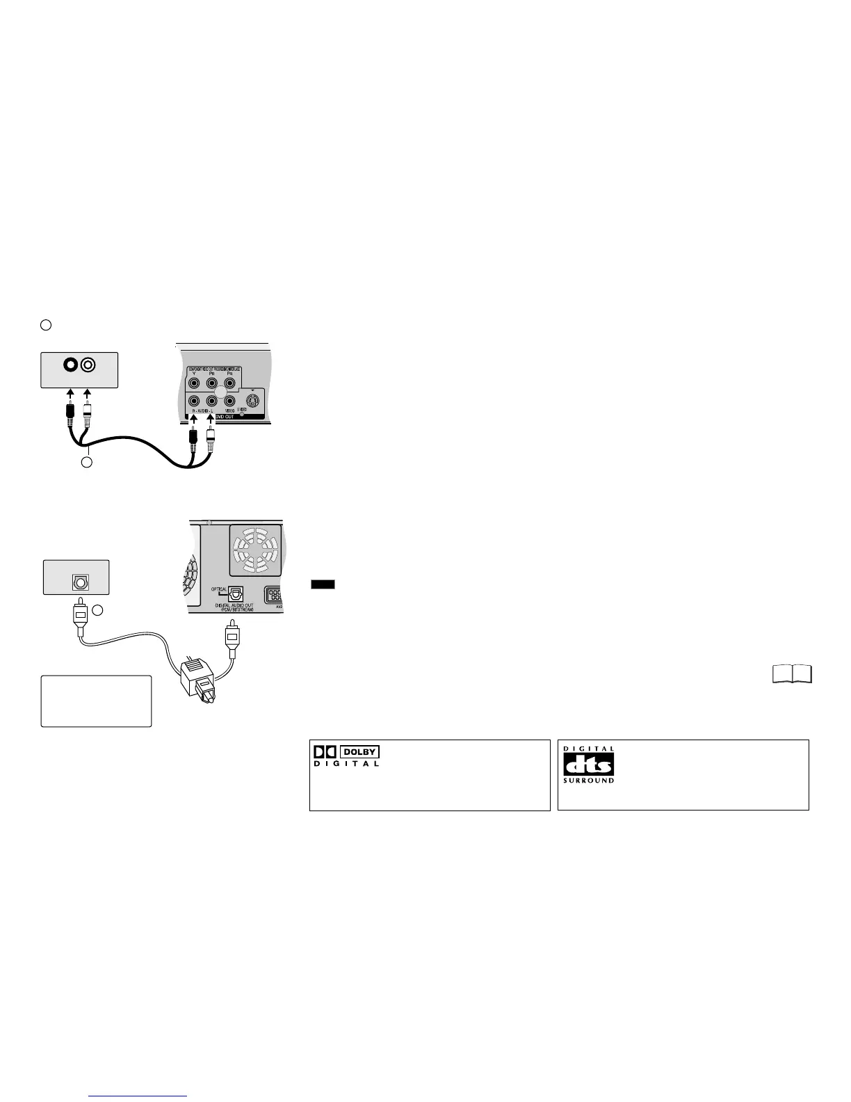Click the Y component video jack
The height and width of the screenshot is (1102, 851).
[x=195, y=382]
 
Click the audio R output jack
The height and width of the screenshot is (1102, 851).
[x=195, y=401]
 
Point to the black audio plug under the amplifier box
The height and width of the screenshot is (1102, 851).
[x=70, y=415]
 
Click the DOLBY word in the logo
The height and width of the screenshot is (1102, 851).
[x=359, y=752]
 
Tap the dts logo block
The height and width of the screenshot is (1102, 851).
[x=588, y=765]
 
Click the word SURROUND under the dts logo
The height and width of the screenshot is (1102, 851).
[x=588, y=781]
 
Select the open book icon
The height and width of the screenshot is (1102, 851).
[x=792, y=674]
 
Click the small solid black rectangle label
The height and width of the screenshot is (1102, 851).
[x=323, y=584]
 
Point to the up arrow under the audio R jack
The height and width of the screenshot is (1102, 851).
[x=194, y=420]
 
